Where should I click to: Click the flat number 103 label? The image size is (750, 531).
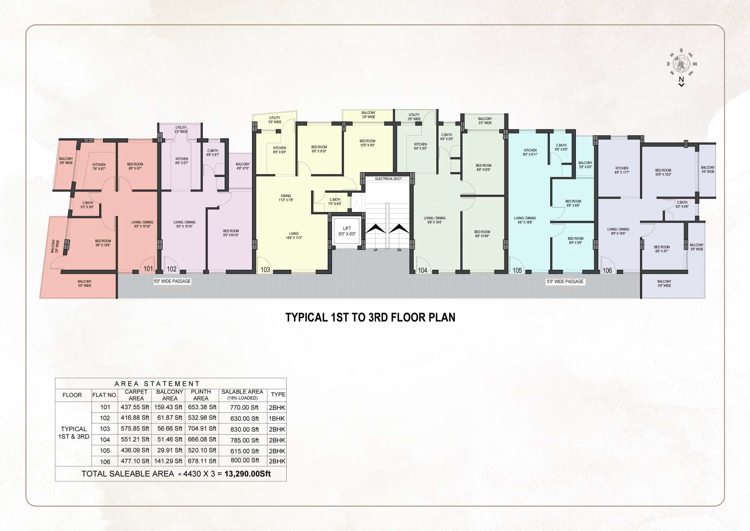click(x=265, y=270)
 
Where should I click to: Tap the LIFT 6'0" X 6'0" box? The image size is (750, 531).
click(x=347, y=232)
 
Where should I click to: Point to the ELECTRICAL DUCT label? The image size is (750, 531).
click(x=388, y=179)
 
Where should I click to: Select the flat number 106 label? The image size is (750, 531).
click(x=607, y=271)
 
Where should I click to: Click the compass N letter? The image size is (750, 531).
click(x=681, y=79)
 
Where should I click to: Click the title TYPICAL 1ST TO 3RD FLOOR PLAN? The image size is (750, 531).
click(x=370, y=317)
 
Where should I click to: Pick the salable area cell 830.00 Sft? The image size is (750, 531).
click(x=244, y=429)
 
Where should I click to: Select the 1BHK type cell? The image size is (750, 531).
click(x=277, y=418)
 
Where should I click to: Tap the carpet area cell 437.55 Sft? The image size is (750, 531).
click(x=135, y=407)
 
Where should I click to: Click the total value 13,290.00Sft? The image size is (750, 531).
click(x=247, y=474)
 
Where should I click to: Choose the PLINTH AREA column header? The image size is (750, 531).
click(x=201, y=395)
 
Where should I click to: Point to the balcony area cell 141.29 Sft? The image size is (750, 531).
click(x=168, y=461)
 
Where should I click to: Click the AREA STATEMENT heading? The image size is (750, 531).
click(x=157, y=384)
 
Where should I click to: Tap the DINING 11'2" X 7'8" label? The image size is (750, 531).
click(x=286, y=198)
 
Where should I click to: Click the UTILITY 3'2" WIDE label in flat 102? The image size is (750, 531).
click(x=181, y=129)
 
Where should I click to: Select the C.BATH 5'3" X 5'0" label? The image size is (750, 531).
click(x=87, y=205)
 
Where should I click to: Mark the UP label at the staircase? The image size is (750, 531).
click(x=375, y=250)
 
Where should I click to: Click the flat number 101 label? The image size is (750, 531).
click(x=148, y=269)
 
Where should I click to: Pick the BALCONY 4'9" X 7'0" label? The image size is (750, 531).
click(x=243, y=166)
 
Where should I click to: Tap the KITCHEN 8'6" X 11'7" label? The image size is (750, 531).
click(x=622, y=170)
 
